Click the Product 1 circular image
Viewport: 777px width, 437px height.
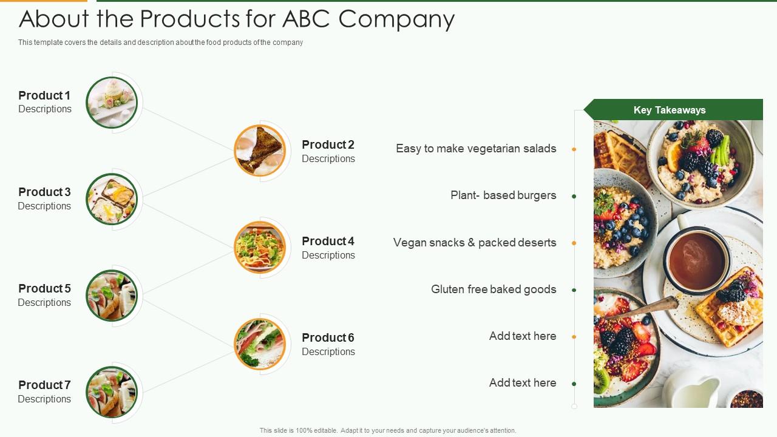[112, 103]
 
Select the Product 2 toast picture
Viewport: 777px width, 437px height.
[260, 151]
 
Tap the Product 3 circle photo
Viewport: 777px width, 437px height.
[112, 199]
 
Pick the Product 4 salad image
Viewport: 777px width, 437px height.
[260, 247]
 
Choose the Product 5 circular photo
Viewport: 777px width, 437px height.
[112, 296]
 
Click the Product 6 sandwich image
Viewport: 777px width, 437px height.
[260, 344]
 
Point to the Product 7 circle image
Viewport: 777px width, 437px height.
[112, 392]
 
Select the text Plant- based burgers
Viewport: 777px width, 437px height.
[503, 195]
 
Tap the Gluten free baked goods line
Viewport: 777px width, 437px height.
[494, 290]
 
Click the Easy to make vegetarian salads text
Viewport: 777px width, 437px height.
[476, 149]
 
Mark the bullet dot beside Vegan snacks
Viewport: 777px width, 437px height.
[574, 243]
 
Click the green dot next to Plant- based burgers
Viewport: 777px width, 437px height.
[574, 196]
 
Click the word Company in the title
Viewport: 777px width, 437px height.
[396, 19]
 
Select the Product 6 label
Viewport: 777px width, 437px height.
[328, 337]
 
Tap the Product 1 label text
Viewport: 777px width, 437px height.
[44, 95]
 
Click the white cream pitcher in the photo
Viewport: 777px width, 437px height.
[692, 393]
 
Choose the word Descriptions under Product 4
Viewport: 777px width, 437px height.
[328, 256]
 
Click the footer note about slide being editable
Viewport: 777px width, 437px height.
[388, 430]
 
